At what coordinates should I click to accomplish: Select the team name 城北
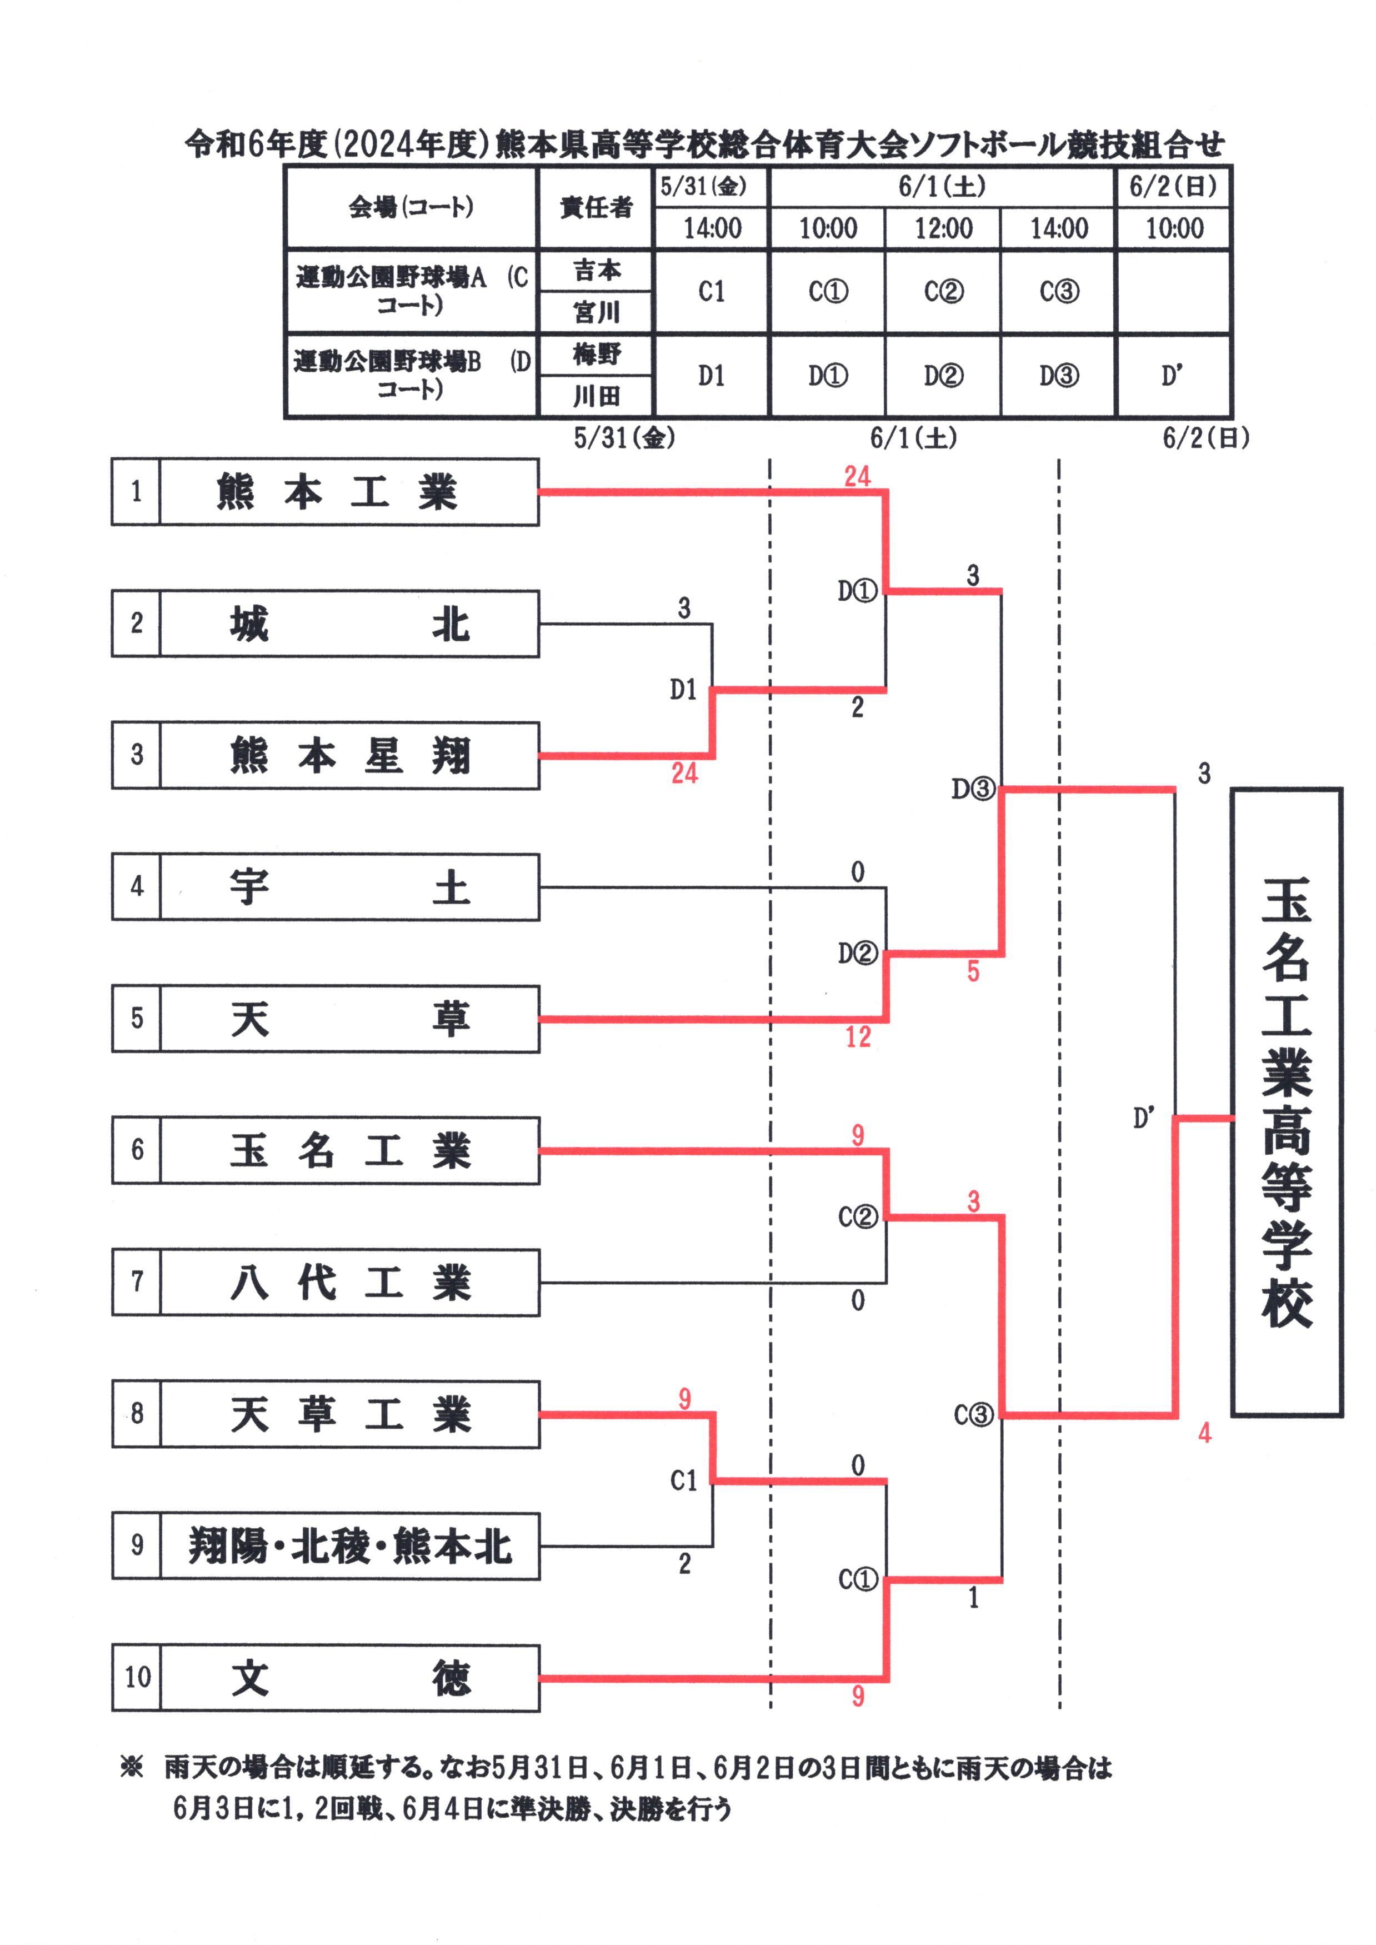click(348, 624)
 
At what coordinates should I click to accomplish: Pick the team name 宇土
click(348, 887)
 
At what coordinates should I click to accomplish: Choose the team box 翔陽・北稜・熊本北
click(348, 1546)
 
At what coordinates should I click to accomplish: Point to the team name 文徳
click(348, 1678)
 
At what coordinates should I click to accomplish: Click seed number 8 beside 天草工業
click(137, 1414)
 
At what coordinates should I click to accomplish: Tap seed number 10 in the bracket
click(137, 1678)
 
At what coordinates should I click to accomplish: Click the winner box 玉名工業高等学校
click(1286, 1102)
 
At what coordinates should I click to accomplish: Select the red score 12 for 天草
click(858, 1036)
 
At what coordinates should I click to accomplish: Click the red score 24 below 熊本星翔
click(684, 773)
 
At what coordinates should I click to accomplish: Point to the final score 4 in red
click(1204, 1433)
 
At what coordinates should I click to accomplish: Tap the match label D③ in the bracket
click(972, 789)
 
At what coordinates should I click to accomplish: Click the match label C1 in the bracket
click(684, 1480)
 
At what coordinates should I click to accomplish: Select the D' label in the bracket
click(1143, 1118)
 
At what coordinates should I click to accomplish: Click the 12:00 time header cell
click(943, 228)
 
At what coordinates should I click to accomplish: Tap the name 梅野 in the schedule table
click(597, 354)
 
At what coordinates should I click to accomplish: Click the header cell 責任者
click(597, 207)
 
